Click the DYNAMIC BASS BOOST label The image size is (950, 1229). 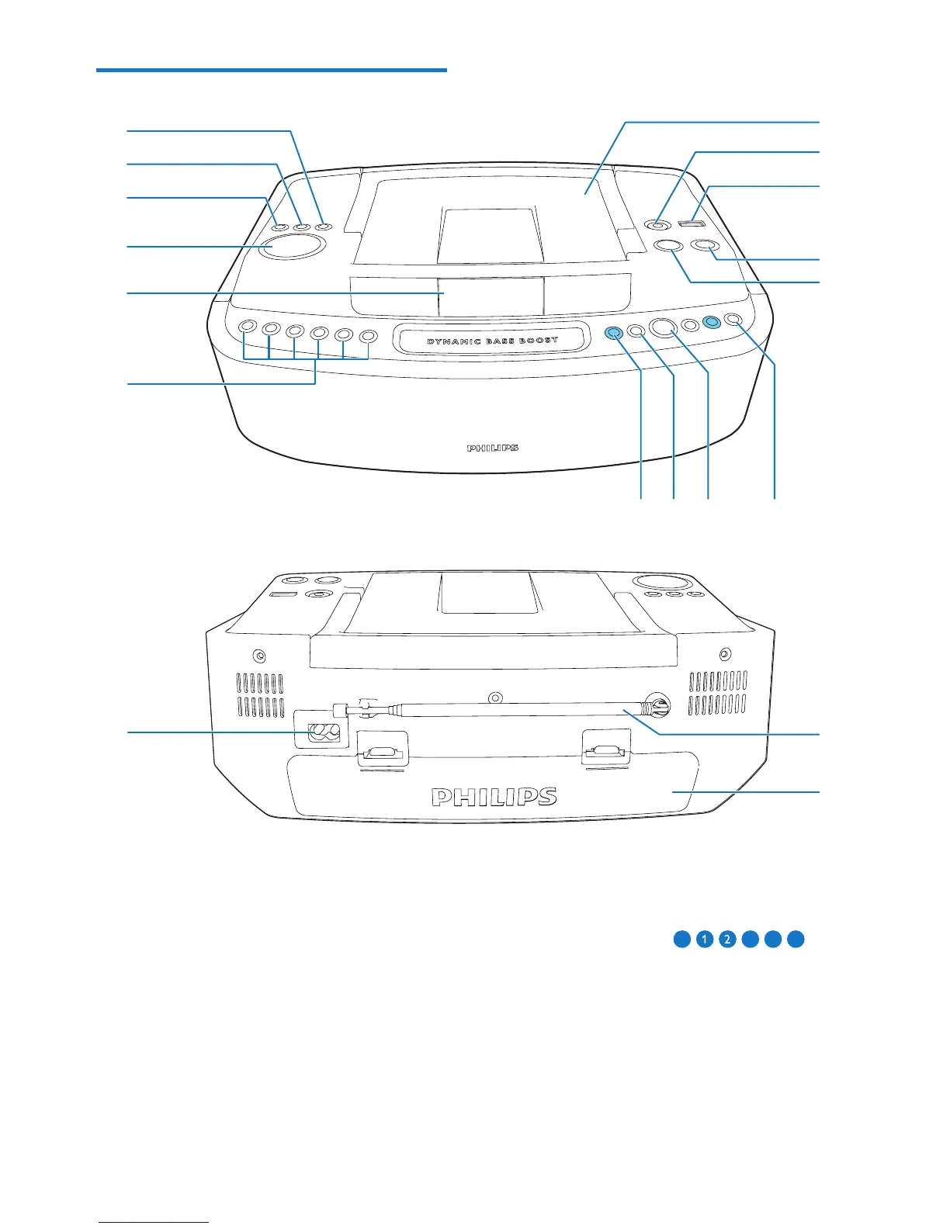click(492, 341)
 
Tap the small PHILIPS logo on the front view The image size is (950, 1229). click(492, 448)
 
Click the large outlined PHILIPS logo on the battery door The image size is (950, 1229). click(494, 797)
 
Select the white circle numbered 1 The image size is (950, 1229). click(704, 940)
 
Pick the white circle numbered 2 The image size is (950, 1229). click(727, 940)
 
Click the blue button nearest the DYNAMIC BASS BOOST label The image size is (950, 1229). click(613, 333)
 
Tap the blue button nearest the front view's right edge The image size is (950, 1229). click(710, 322)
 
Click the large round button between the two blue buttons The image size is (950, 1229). click(664, 328)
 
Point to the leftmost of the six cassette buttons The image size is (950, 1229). click(246, 327)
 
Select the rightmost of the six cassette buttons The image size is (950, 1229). click(369, 337)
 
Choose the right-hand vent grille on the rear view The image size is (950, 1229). click(717, 693)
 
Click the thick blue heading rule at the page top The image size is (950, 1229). click(272, 71)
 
